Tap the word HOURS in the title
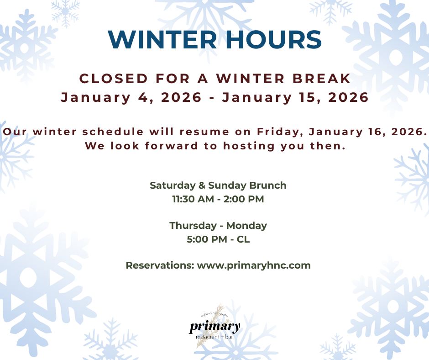click(271, 40)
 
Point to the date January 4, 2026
click(131, 98)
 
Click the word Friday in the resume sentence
click(279, 132)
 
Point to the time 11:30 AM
click(194, 199)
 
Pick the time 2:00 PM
click(243, 199)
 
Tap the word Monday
click(246, 226)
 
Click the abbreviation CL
click(243, 239)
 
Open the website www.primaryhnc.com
click(254, 265)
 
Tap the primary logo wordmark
click(214, 327)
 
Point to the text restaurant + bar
click(214, 337)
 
